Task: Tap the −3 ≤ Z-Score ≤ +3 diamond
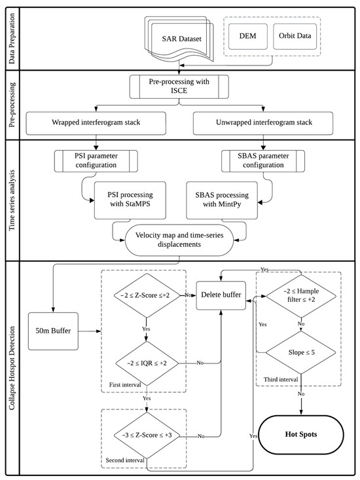(x=145, y=435)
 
